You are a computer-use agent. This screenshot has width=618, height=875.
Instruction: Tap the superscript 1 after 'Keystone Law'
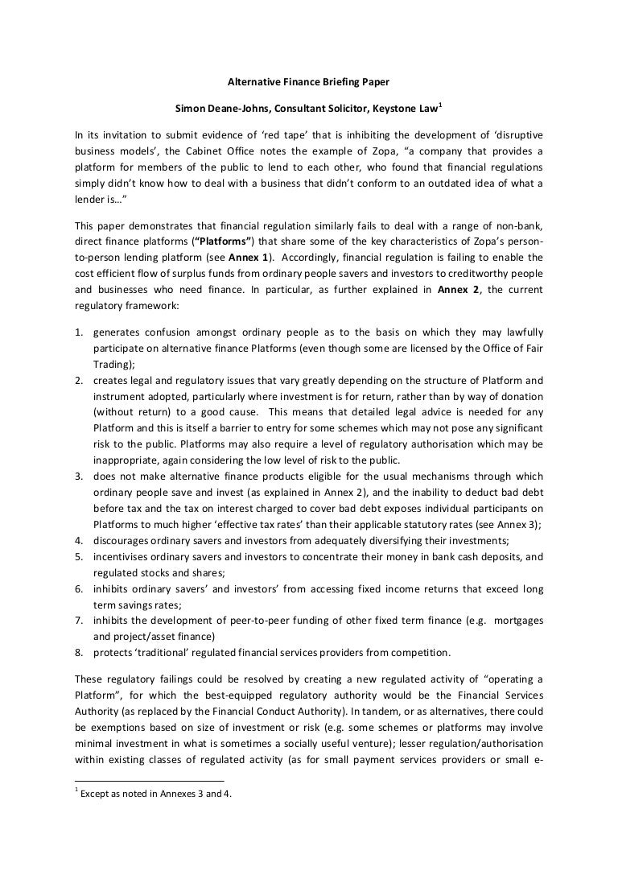441,104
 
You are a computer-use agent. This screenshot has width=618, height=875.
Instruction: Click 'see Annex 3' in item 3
509,525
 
